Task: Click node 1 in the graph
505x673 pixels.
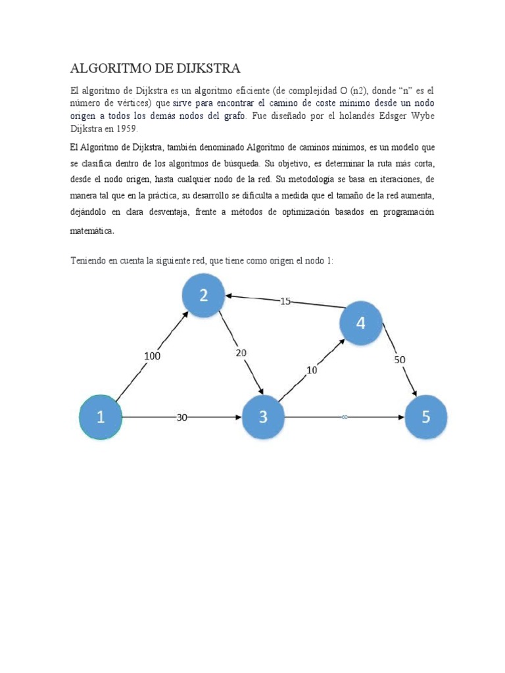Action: pos(101,417)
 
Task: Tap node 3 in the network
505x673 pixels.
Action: pos(264,417)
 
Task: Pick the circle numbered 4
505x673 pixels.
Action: pos(360,323)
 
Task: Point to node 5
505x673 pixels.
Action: pos(426,417)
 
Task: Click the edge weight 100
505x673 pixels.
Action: pos(153,356)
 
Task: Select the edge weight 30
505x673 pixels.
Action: pos(182,417)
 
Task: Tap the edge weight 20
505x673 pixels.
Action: pos(241,353)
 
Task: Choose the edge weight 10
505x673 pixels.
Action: pos(311,370)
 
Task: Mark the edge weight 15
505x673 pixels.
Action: pos(285,301)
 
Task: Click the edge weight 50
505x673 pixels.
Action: pos(400,360)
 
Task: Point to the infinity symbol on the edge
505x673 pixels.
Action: pos(344,417)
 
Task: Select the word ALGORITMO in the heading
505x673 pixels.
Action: pos(108,68)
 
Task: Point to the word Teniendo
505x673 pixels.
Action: pos(88,261)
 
